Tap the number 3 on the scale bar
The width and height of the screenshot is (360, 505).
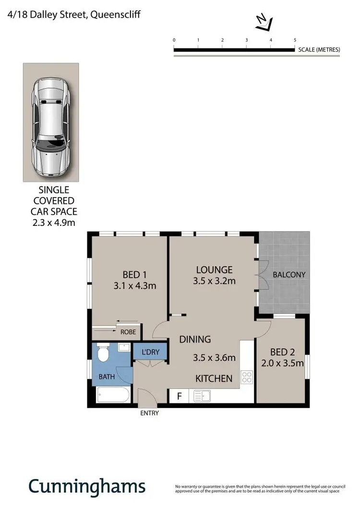click(x=246, y=40)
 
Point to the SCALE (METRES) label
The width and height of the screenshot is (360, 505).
click(x=319, y=49)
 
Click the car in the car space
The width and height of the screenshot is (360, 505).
click(x=50, y=129)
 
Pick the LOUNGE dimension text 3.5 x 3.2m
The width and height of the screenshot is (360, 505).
click(x=215, y=281)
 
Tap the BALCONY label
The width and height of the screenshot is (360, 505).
click(x=289, y=275)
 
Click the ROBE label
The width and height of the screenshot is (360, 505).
click(x=128, y=331)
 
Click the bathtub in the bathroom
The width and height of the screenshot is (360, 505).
click(x=113, y=396)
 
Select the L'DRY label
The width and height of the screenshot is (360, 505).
click(x=150, y=352)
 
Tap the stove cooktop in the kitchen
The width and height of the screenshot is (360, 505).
click(x=247, y=377)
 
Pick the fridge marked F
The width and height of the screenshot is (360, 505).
click(x=180, y=396)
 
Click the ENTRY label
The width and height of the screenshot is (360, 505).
click(x=149, y=413)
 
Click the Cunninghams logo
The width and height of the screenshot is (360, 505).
click(x=87, y=486)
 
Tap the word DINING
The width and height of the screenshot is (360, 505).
click(x=195, y=340)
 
